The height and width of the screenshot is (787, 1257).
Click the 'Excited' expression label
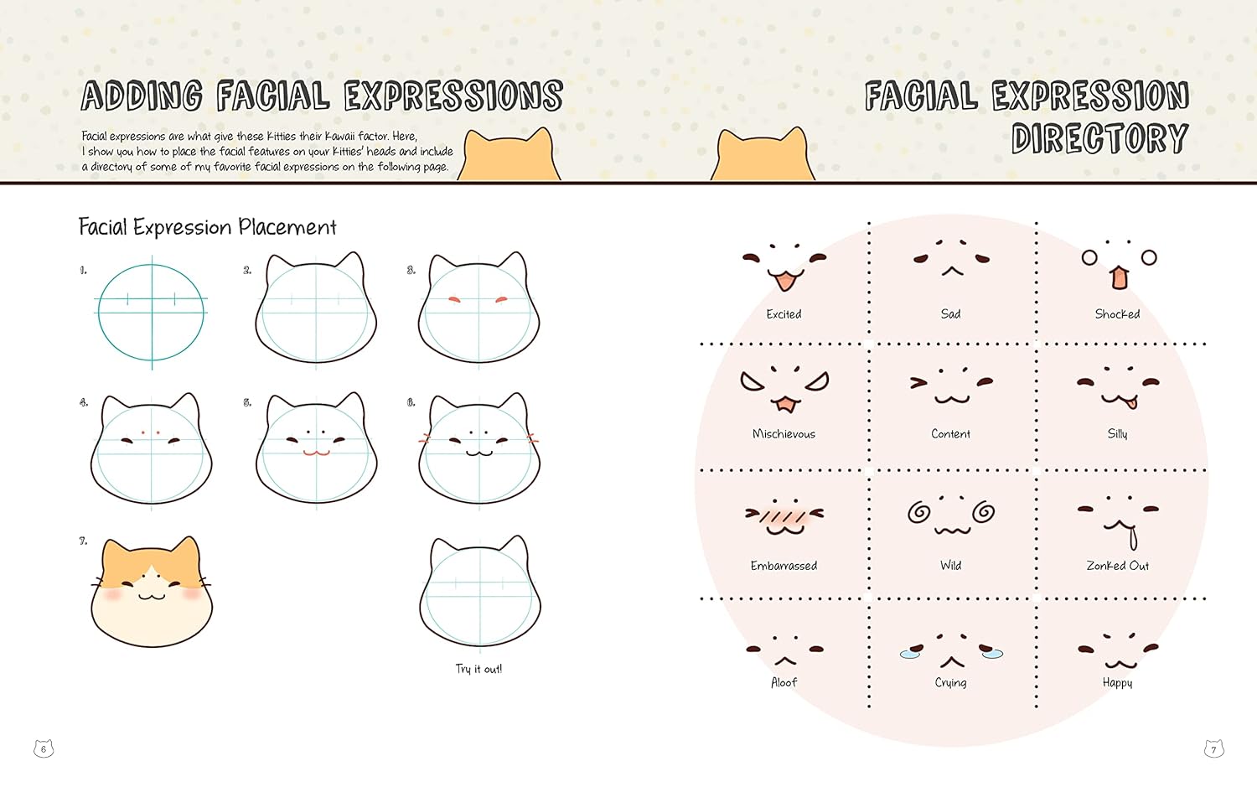[x=784, y=314]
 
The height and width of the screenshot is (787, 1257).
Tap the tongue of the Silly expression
[x=1130, y=404]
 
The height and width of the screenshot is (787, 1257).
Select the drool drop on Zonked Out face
[x=1133, y=538]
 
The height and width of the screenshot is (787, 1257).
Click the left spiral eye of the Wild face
[x=919, y=511]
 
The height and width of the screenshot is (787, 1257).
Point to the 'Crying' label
[x=950, y=683]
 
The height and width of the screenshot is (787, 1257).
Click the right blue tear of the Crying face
[x=992, y=654]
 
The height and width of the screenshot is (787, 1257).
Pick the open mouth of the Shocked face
[x=1120, y=277]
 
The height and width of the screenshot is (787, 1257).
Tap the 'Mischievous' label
[x=784, y=434]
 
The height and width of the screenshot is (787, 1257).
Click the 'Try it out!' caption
[x=478, y=669]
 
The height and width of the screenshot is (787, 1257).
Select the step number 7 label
[x=83, y=541]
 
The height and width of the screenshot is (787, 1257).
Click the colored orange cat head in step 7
[x=152, y=591]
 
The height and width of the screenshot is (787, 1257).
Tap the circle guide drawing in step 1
[x=152, y=313]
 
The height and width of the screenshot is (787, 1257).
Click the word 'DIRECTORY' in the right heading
[x=1099, y=138]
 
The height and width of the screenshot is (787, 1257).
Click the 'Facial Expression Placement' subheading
[x=207, y=228]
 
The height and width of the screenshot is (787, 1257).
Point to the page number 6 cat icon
[x=44, y=748]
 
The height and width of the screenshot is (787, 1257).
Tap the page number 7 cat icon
[x=1213, y=748]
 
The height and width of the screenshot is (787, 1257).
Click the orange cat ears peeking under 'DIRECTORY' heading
[x=763, y=156]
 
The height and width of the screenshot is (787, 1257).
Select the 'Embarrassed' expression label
[x=784, y=566]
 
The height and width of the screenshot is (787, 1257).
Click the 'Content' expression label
[x=950, y=434]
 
